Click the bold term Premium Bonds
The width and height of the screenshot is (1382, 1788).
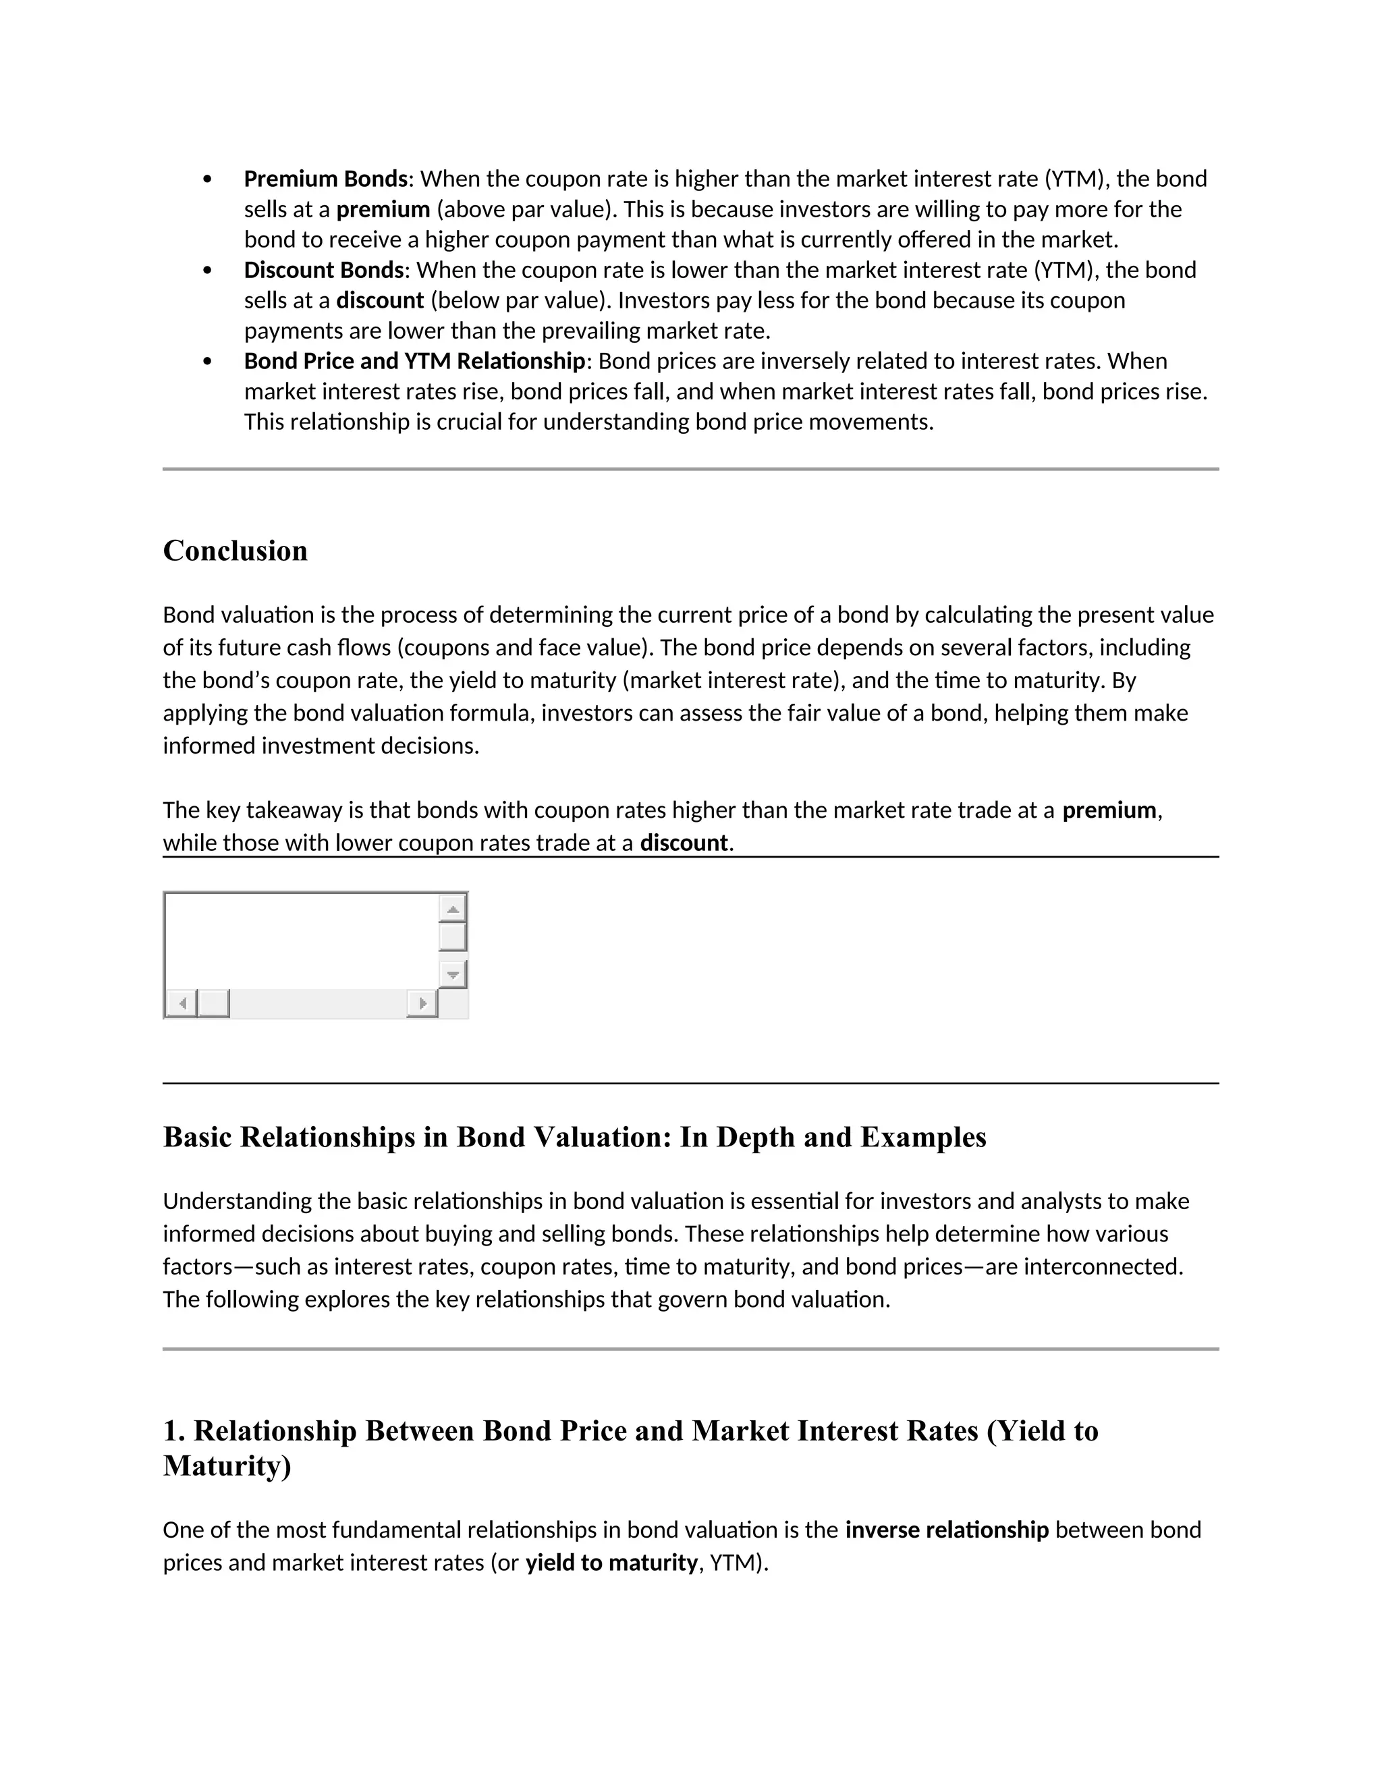point(325,179)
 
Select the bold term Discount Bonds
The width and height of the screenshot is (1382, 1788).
point(323,270)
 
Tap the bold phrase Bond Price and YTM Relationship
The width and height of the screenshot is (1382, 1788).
point(414,361)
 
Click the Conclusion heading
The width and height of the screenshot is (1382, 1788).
point(235,551)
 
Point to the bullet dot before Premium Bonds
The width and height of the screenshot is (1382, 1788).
point(207,179)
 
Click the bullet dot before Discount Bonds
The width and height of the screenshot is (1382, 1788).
point(207,270)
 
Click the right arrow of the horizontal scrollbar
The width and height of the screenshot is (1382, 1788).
point(422,1003)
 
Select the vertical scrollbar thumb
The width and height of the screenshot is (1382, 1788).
point(452,937)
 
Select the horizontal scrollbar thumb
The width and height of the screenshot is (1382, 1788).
point(214,1003)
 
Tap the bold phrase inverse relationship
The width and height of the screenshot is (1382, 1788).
point(947,1530)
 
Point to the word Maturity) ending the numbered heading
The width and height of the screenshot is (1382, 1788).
point(227,1466)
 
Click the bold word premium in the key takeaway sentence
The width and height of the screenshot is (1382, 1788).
point(1109,810)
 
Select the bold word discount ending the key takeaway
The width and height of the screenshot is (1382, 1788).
point(684,843)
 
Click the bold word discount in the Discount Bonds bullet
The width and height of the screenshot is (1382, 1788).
point(380,300)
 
